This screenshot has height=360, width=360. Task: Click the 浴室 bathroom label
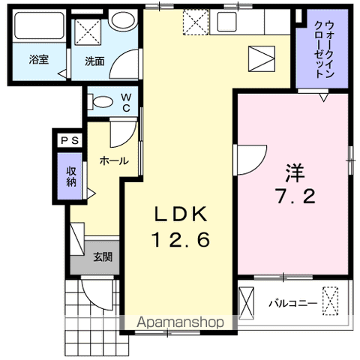click(38, 61)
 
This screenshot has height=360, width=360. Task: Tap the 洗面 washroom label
click(94, 61)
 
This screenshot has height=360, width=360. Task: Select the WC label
click(127, 102)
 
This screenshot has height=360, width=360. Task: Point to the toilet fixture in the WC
click(102, 101)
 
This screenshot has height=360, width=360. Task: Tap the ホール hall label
click(113, 160)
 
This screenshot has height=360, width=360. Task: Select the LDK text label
click(180, 213)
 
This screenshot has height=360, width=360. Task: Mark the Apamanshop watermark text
click(180, 323)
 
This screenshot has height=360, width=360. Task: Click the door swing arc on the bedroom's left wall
click(250, 157)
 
